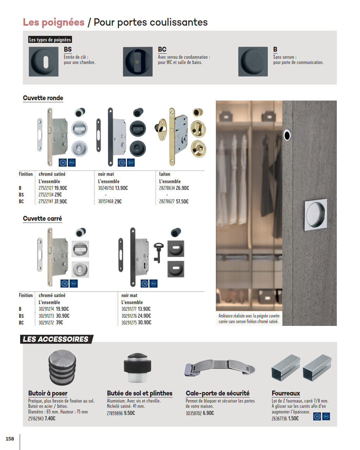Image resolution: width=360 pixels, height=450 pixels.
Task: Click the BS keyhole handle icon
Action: click(x=44, y=62)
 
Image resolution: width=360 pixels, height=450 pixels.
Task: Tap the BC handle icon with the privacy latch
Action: click(x=138, y=62)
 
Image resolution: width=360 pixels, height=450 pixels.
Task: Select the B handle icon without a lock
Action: click(x=253, y=62)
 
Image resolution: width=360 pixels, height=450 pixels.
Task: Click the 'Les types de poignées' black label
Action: click(x=50, y=39)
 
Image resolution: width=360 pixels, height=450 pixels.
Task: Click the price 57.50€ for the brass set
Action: click(x=182, y=201)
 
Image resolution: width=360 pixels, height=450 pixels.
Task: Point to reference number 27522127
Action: click(x=46, y=188)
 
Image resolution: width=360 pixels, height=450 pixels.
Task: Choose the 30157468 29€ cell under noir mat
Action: click(x=110, y=201)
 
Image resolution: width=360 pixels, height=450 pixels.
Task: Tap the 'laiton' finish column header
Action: click(x=165, y=174)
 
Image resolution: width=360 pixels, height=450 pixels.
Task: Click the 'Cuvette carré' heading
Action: click(x=43, y=219)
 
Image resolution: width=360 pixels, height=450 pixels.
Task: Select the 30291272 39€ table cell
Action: click(x=51, y=322)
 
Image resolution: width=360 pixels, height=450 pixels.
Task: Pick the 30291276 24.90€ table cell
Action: click(x=136, y=316)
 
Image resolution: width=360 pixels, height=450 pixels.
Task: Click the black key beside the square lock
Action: click(x=158, y=253)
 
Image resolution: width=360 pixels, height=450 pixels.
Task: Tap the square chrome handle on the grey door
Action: click(x=316, y=215)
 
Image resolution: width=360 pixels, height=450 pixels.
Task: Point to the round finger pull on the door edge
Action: click(x=287, y=135)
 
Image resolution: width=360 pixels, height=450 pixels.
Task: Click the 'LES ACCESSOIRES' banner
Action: click(x=56, y=339)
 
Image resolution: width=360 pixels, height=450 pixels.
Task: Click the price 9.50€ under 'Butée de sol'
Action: click(x=129, y=413)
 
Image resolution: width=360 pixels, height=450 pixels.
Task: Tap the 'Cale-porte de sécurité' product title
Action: click(x=218, y=393)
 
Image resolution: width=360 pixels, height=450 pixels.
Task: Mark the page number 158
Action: click(x=10, y=439)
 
